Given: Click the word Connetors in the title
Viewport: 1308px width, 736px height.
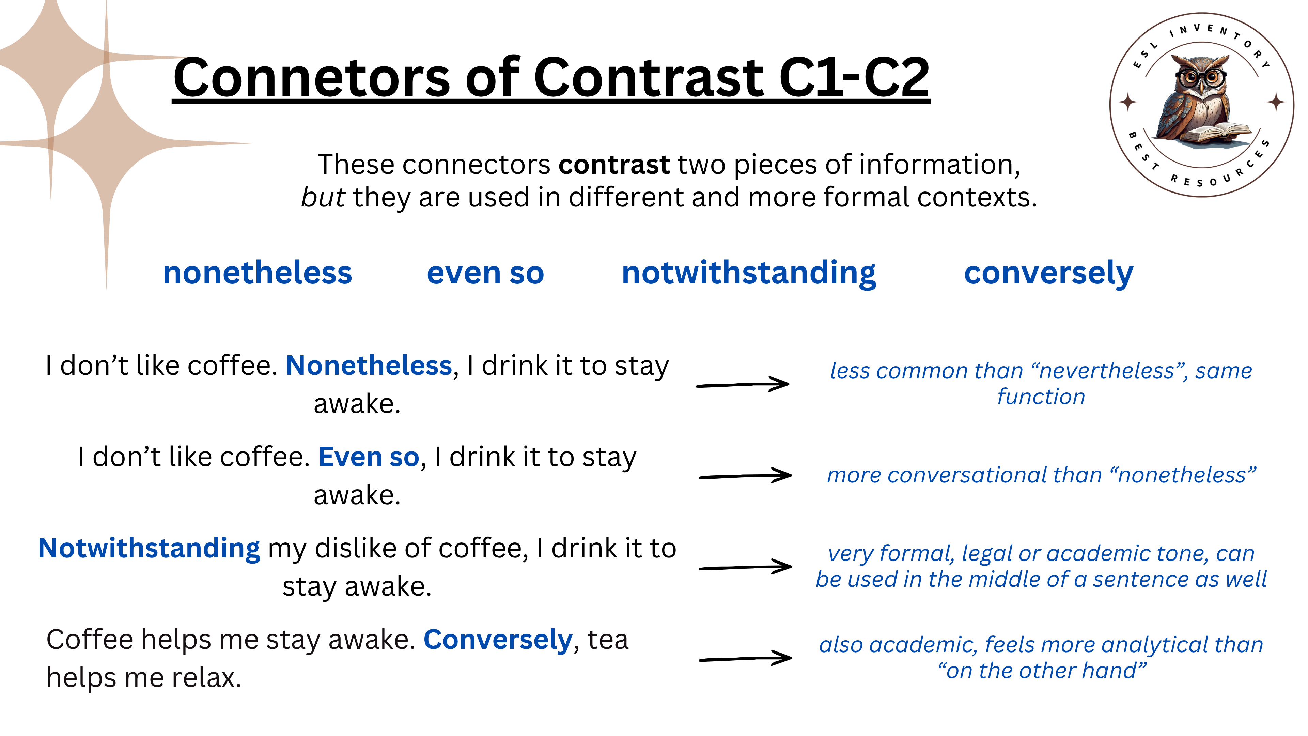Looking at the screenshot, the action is tap(311, 77).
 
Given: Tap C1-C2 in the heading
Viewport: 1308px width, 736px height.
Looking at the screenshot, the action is tap(854, 77).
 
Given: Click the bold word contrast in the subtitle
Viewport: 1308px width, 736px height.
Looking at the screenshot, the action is tap(614, 165).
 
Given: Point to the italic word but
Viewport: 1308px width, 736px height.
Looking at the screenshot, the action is tap(323, 197).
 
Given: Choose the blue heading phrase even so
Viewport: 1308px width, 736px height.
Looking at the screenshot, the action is tap(485, 273).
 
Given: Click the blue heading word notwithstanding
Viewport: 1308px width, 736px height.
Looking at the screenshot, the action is tap(749, 273).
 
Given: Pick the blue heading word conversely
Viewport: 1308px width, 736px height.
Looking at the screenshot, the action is tap(1048, 273).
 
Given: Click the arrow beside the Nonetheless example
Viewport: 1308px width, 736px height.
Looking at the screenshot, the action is tap(742, 384).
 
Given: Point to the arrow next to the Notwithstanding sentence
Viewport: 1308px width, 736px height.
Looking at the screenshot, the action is tap(745, 567).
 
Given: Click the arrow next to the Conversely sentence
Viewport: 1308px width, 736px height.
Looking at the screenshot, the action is tap(745, 658).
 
